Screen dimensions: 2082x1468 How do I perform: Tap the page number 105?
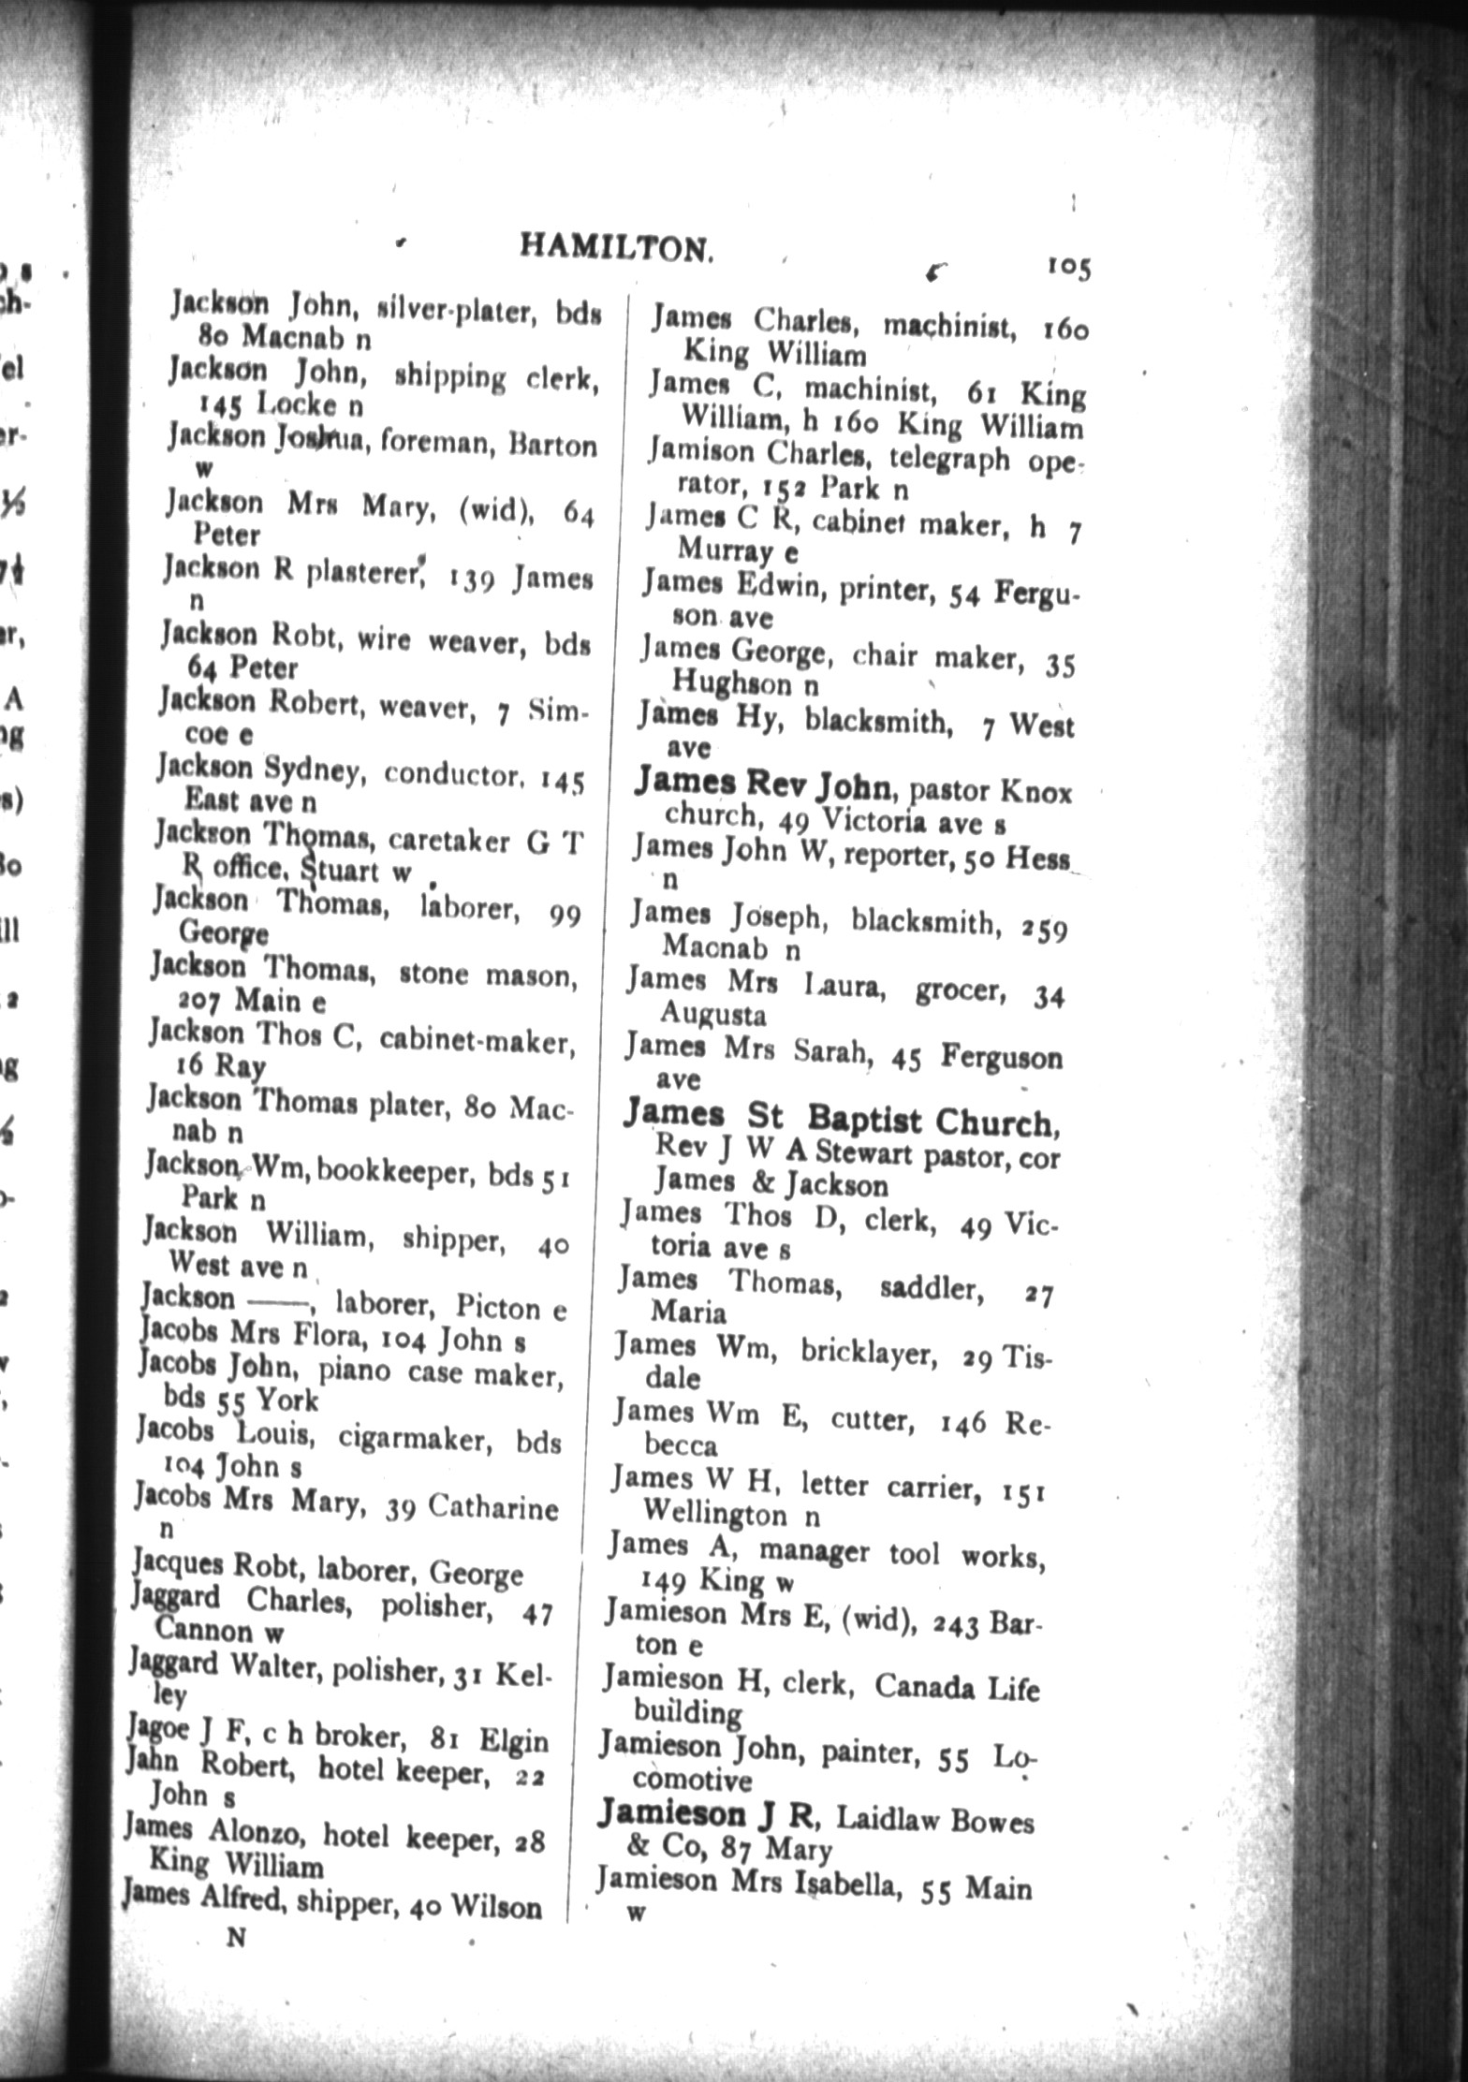[1068, 268]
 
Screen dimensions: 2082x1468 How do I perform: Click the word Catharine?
[492, 1508]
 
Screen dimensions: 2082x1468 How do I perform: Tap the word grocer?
[961, 991]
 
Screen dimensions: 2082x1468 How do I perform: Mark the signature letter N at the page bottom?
[236, 1940]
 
